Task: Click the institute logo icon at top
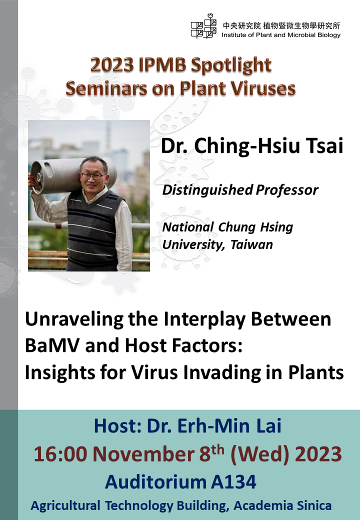(203, 26)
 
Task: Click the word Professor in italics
(286, 190)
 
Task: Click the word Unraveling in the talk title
(74, 319)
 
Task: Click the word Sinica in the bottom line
(314, 505)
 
